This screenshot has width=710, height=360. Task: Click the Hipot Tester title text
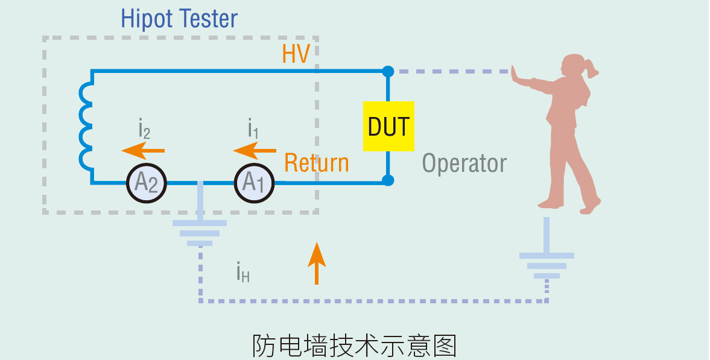coord(179,19)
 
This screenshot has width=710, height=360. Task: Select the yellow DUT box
coord(388,127)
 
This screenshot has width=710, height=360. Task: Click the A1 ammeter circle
coord(254,182)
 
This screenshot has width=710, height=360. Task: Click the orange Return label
coord(316,163)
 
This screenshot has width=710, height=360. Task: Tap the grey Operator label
coord(464,163)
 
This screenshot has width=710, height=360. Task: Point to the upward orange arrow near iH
coord(317,263)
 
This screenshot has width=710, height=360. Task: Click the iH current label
coord(243,273)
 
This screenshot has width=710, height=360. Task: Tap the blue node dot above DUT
coord(388,71)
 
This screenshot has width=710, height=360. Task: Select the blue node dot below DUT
coord(388,180)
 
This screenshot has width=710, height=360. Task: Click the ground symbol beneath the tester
coord(200,232)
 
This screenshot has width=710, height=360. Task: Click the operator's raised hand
coord(516,75)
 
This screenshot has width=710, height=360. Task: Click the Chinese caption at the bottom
coord(354,346)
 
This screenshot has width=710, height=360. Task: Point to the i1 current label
coord(253,128)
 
